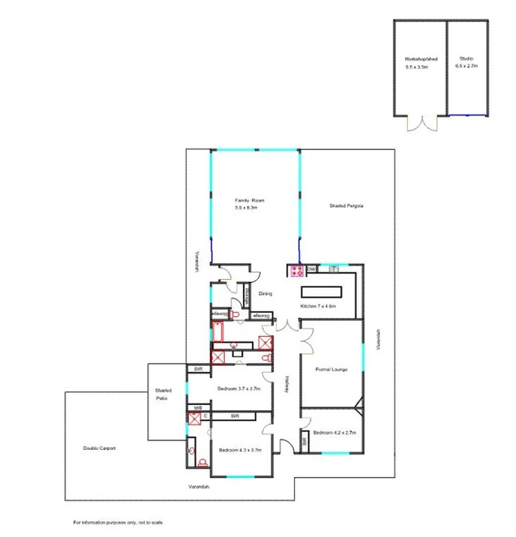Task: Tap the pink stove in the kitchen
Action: click(295, 271)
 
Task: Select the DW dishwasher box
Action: click(311, 268)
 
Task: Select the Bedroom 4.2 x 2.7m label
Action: click(334, 433)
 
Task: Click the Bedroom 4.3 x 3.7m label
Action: click(239, 450)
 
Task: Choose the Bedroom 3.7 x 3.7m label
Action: click(238, 388)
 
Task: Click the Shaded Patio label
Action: click(163, 394)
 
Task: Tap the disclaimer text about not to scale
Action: click(118, 522)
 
